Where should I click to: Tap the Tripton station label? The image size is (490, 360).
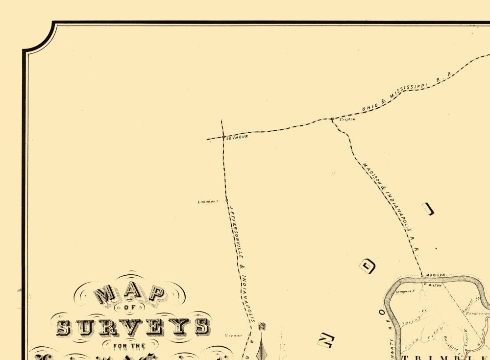[x=347, y=119]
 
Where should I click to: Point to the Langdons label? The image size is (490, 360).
[x=208, y=201]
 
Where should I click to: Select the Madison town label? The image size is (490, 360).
[x=435, y=275]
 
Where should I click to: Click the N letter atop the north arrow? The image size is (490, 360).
[x=262, y=326]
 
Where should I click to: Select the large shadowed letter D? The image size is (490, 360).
[x=368, y=266]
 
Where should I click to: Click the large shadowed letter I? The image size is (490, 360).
[x=429, y=209]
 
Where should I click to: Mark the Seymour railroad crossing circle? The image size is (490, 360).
[x=223, y=138]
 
